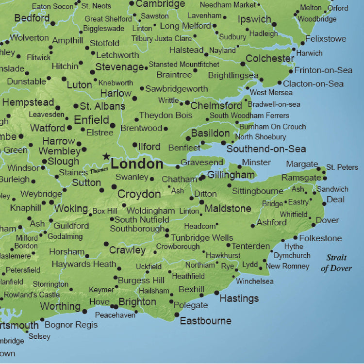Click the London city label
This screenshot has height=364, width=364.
[137, 164]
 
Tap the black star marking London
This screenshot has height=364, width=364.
[106, 156]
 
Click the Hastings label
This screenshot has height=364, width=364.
[239, 298]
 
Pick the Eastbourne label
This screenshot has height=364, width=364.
[205, 321]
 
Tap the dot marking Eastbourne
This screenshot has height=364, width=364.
[177, 315]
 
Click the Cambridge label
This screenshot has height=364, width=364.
[160, 4]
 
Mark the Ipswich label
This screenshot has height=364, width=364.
[254, 19]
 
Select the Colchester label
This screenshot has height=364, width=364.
[270, 58]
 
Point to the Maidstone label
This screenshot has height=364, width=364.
[228, 209]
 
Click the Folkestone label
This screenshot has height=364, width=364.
[320, 238]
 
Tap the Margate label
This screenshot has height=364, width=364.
[302, 164]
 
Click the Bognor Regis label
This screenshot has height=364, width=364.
[71, 324]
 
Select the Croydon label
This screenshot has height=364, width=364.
[139, 194]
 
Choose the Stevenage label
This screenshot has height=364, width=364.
[119, 67]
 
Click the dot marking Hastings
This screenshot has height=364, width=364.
[216, 293]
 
